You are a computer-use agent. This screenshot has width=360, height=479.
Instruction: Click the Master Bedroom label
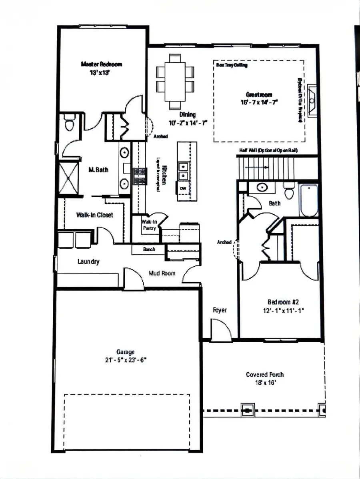coord(101,64)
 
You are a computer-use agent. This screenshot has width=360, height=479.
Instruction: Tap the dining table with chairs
coord(175,82)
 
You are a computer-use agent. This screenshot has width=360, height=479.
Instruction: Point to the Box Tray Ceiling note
coord(232,64)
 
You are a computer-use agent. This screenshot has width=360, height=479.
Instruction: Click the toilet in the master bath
coord(70,122)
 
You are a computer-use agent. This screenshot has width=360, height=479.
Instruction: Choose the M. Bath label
coord(98,170)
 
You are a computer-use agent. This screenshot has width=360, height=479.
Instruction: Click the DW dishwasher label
coord(183,188)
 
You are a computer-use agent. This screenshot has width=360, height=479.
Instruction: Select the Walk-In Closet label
coord(94,215)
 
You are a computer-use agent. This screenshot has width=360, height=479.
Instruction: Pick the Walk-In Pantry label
coord(149,225)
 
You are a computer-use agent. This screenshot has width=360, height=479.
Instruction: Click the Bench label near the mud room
coord(149,249)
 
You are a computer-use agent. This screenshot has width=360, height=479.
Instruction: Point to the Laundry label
coord(88,262)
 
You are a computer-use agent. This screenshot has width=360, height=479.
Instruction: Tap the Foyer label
coord(220,310)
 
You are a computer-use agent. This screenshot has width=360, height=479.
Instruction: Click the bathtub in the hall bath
coord(308,200)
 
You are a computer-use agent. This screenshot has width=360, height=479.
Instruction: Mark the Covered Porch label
coord(264,375)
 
